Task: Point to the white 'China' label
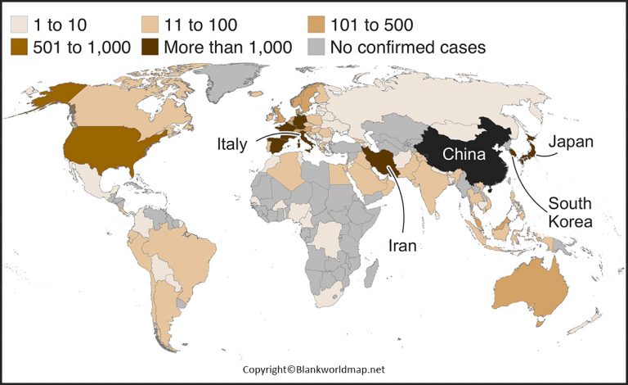[x=465, y=154]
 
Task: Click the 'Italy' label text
[x=232, y=143]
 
